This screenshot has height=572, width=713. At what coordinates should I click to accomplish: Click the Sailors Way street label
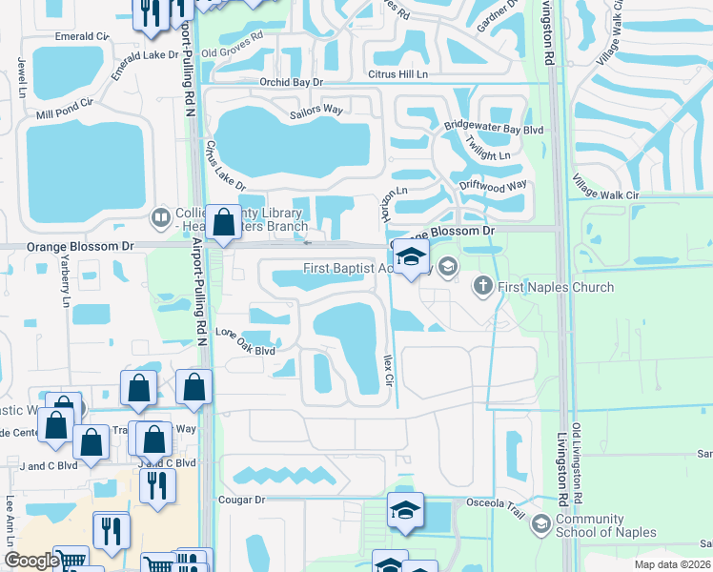click(x=316, y=111)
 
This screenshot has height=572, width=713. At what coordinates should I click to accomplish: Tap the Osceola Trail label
click(x=495, y=501)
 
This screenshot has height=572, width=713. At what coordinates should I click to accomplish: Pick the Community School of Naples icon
click(x=541, y=523)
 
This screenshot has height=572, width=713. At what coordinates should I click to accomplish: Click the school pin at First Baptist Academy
click(x=411, y=257)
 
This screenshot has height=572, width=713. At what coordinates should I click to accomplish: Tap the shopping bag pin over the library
click(x=223, y=224)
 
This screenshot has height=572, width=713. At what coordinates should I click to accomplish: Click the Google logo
click(x=31, y=561)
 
